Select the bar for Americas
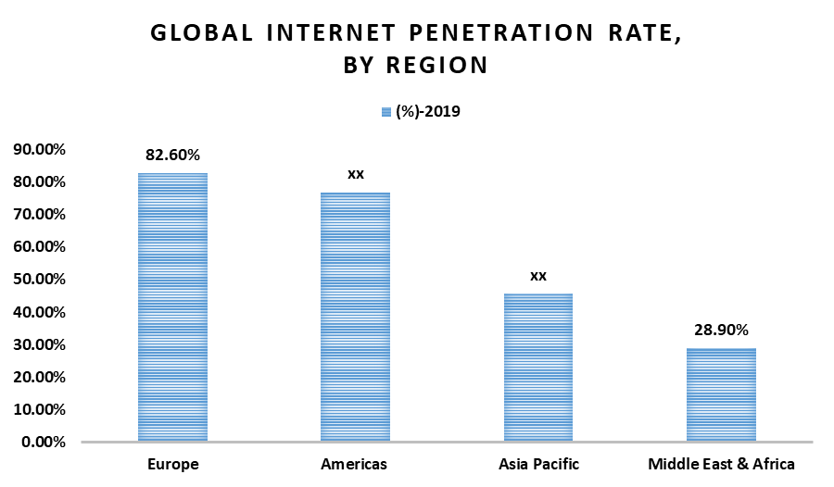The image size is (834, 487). coord(355,317)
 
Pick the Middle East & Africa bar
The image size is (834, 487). coord(722,394)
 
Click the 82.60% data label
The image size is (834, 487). coord(172,155)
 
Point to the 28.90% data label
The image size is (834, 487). coord(722,330)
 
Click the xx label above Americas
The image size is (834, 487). coord(356,174)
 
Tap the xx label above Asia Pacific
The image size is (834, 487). coord(538,276)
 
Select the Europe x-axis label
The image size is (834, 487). coord(172,464)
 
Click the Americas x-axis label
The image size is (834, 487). coord(356,464)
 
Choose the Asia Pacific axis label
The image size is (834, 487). coord(538,464)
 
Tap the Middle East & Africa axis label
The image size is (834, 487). coord(722,464)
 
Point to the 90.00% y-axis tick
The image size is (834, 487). coord(39,149)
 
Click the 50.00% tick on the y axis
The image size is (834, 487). coord(39,279)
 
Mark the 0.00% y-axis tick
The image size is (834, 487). coord(43,442)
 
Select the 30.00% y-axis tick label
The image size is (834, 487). coord(39,344)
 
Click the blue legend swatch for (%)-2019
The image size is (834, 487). coord(385,112)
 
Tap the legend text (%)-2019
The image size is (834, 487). coord(427,112)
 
